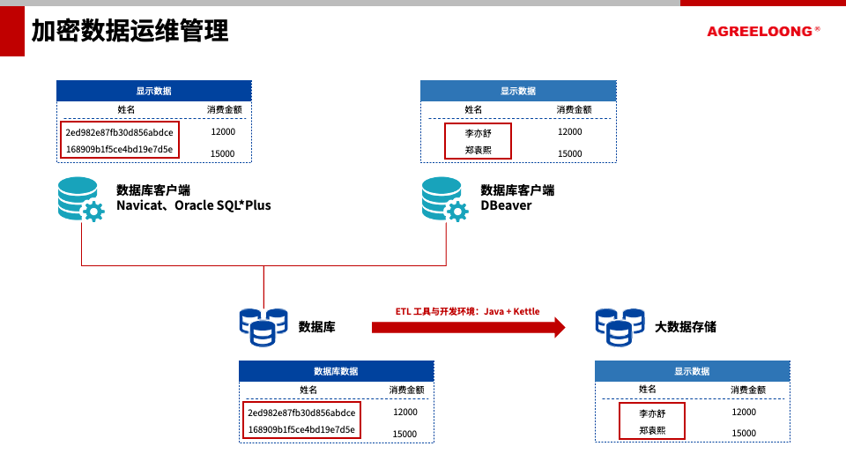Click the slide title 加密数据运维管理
coord(130,32)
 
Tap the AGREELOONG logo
coord(760,32)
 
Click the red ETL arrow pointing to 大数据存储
coord(467,327)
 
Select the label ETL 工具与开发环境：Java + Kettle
coord(467,311)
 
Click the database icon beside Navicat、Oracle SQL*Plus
coord(80,199)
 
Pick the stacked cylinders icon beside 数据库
coord(263,326)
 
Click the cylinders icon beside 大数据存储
coord(619,326)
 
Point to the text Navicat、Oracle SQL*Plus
coord(194,205)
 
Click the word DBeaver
coord(506,205)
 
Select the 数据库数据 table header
coord(336,371)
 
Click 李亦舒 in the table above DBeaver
coord(478,132)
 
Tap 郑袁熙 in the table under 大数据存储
coord(652,431)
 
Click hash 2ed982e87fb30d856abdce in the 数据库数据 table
coord(301,413)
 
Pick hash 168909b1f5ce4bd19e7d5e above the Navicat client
coord(119,149)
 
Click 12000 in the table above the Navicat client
coord(223,131)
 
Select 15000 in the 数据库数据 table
coord(404,434)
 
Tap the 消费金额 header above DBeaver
coord(574,109)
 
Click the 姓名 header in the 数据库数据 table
coord(308,390)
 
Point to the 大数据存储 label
coord(685,327)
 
